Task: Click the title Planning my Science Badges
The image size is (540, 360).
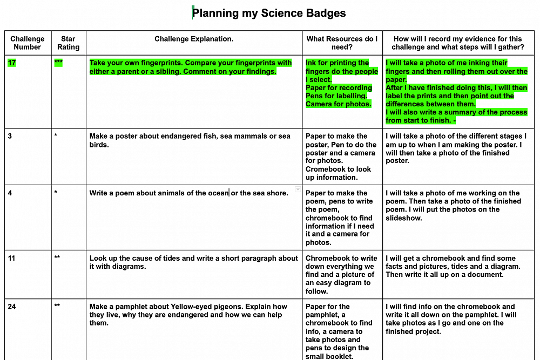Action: pos(269,13)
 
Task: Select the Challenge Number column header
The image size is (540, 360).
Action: pos(28,43)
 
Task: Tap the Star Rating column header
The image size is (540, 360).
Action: pos(68,43)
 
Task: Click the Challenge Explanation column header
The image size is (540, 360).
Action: pos(194,39)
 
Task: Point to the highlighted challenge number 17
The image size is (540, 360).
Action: pos(12,63)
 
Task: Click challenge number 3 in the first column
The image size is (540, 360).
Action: pos(10,136)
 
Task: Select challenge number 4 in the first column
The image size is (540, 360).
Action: pos(10,193)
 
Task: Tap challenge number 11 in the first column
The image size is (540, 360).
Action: pos(12,258)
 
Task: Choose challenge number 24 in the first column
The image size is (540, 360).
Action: pos(12,306)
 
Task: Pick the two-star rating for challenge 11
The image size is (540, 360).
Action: pos(57,258)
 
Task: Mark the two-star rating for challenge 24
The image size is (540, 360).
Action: pos(57,306)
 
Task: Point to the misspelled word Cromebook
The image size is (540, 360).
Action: pos(324,169)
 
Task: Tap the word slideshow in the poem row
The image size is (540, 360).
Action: pos(404,218)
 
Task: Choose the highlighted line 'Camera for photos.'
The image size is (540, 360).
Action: pos(339,104)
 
